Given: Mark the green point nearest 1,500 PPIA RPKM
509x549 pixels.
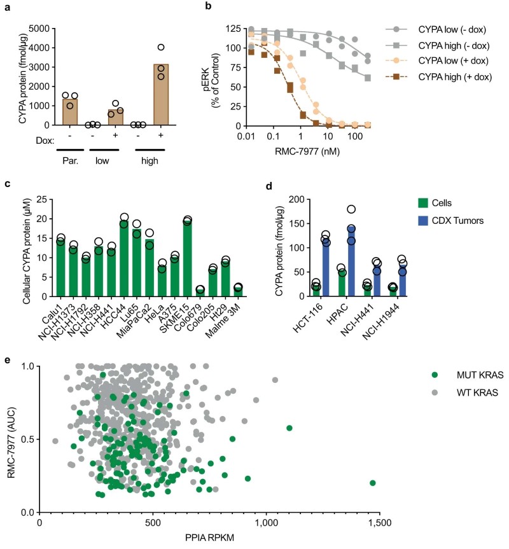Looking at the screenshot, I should click(373, 483).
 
